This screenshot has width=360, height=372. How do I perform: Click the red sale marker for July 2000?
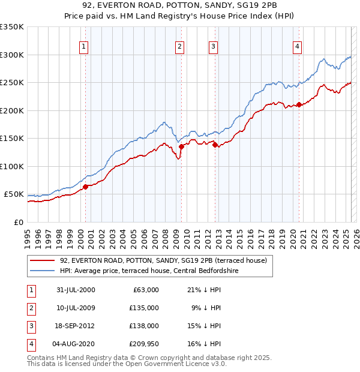coord(86,187)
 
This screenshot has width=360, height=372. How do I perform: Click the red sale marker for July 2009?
coord(181,146)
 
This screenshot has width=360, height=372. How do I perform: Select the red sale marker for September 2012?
coord(214,144)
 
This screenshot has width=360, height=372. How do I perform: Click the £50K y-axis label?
coord(14,194)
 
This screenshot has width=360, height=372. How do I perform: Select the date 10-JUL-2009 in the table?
coord(76,308)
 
